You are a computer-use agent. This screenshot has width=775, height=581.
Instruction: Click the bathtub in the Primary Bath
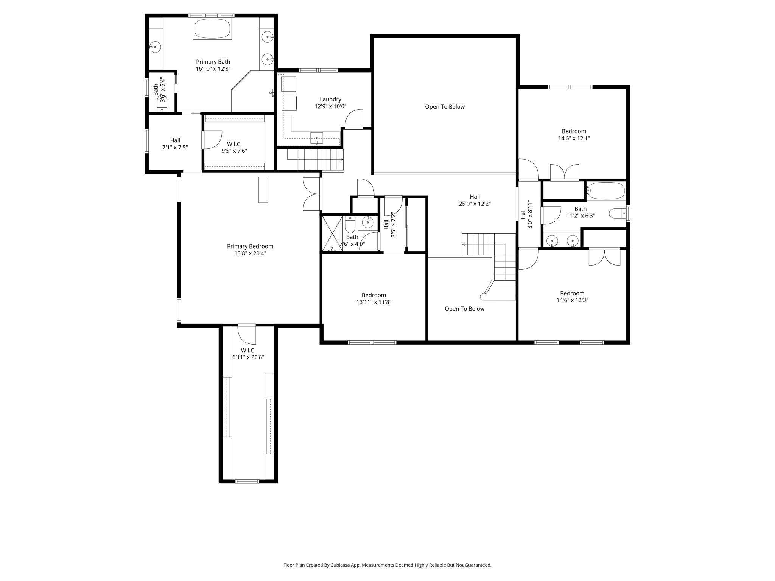(x=212, y=29)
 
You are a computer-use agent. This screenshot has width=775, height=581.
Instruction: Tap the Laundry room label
(x=330, y=99)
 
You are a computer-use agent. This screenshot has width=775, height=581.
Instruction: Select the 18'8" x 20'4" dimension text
(x=250, y=253)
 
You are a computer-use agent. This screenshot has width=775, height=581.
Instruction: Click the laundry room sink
(x=316, y=138)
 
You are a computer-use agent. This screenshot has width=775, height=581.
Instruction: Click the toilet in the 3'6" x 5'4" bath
(x=162, y=103)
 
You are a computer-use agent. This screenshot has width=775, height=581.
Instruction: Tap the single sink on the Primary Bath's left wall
(x=155, y=47)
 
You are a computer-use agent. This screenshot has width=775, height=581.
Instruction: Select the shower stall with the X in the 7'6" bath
(x=332, y=233)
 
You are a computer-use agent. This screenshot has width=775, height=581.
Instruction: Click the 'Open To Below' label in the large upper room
(x=445, y=107)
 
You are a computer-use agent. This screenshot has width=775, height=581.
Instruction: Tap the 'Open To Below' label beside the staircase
(x=464, y=309)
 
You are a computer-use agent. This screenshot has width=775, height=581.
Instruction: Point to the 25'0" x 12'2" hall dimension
(x=475, y=204)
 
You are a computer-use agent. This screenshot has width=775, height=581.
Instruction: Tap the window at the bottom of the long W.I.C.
(x=247, y=481)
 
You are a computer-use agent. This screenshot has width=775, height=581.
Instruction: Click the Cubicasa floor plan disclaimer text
(x=387, y=565)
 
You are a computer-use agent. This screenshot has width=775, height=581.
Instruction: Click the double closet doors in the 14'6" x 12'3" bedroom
(x=604, y=257)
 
